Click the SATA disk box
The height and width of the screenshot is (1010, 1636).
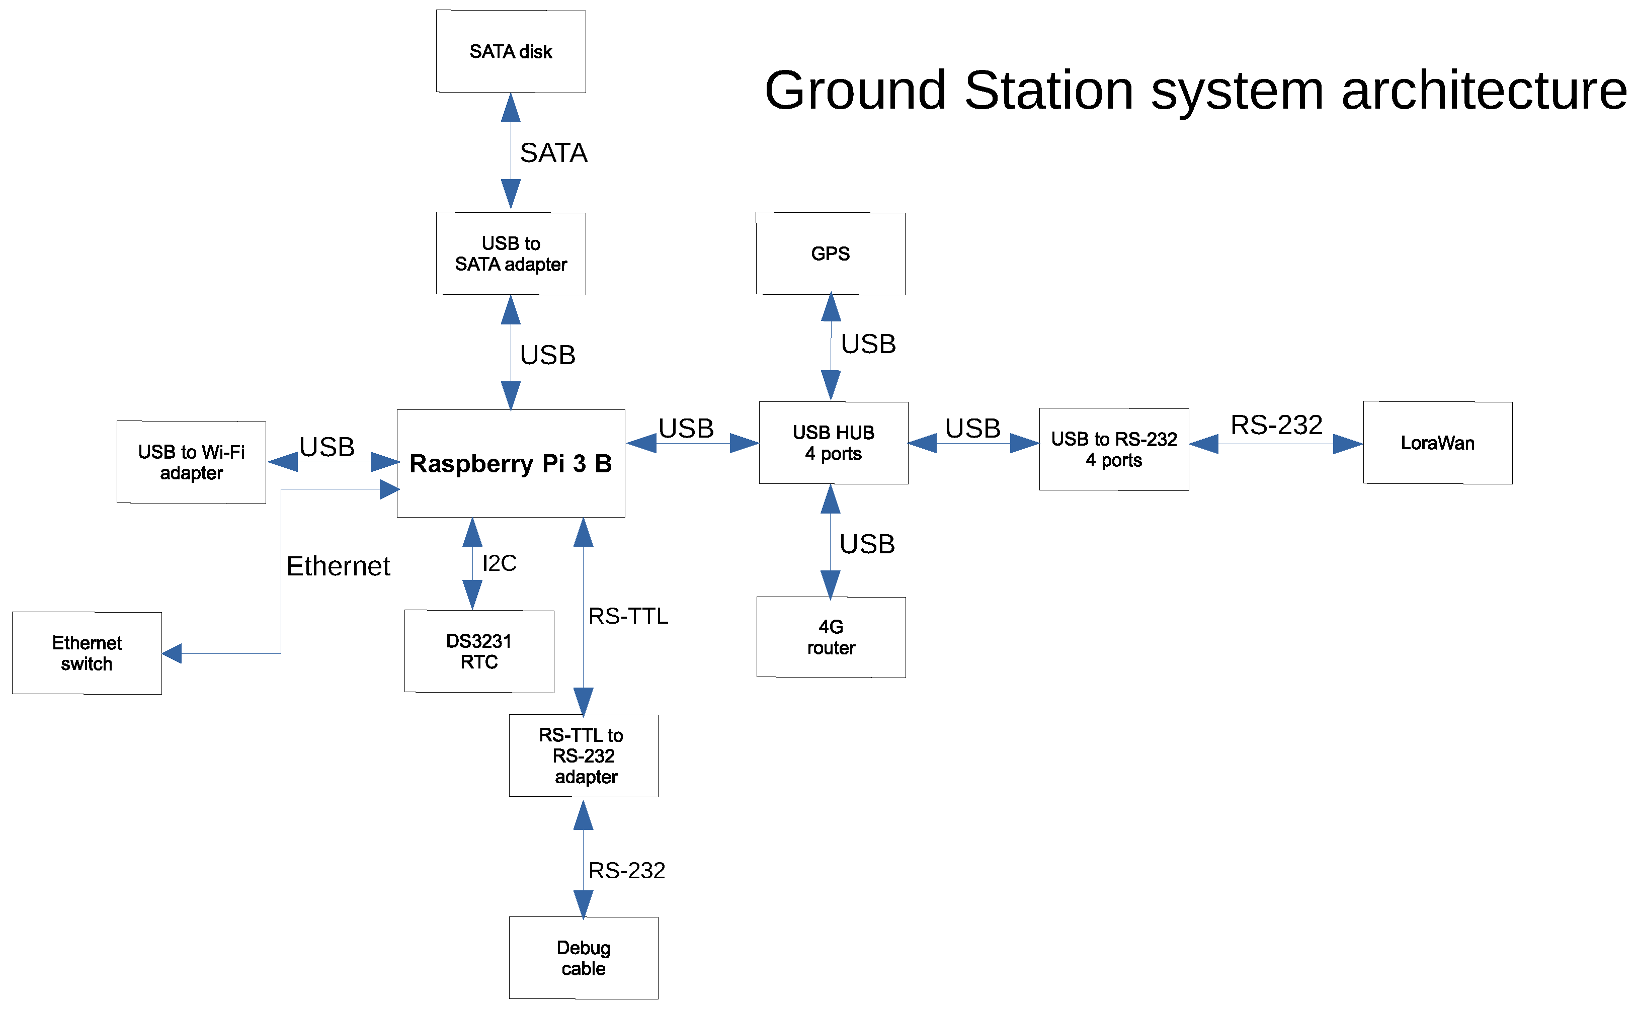pos(511,51)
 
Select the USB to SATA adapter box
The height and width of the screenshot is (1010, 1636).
pos(511,254)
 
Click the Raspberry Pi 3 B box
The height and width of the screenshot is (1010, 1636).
pos(511,464)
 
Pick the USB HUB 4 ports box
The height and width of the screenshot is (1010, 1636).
pos(833,443)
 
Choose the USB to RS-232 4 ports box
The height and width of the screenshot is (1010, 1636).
pos(1114,450)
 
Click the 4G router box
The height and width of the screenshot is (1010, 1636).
pos(831,637)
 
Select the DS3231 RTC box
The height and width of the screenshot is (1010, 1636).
pos(479,651)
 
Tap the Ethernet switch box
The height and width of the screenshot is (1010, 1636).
pos(87,653)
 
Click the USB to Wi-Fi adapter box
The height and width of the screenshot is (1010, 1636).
pos(191,462)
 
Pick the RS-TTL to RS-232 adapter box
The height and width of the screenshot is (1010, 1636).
pos(583,756)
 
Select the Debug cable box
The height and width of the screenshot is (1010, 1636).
pos(583,958)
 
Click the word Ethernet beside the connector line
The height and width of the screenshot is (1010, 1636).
pos(338,566)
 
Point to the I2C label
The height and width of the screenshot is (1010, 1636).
pos(499,563)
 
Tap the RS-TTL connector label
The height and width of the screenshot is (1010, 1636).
pos(628,616)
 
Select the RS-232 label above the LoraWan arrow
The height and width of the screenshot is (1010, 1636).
pos(1276,425)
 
